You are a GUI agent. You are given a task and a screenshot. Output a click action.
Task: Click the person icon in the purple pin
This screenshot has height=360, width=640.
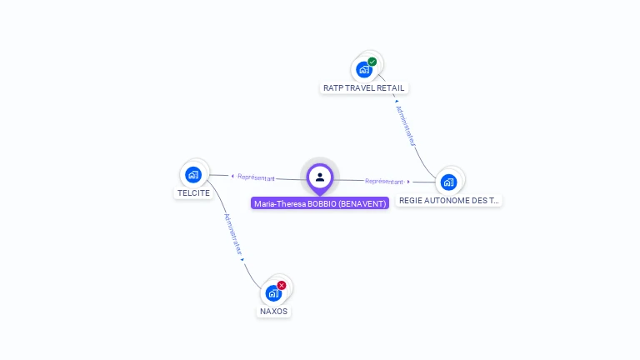point(320,177)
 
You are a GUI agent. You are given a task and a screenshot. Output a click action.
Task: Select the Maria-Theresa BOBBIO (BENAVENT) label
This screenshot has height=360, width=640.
point(320,203)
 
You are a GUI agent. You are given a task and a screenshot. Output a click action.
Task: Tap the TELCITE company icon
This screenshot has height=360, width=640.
point(193,174)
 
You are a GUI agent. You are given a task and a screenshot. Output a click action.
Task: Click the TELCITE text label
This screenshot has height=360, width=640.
point(193,192)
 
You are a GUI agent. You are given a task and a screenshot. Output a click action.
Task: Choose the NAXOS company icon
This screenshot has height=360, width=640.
point(273,293)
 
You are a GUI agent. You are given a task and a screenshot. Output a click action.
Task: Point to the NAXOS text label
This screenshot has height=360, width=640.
point(273,311)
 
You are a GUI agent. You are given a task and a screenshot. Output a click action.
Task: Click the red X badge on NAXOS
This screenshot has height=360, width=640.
point(282,285)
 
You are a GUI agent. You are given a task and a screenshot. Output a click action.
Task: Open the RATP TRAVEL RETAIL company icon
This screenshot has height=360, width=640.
point(364,69)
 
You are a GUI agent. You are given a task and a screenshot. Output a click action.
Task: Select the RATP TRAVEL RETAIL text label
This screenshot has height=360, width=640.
point(364,87)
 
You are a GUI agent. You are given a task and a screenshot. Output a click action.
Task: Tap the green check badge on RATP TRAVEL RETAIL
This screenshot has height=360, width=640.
point(372,62)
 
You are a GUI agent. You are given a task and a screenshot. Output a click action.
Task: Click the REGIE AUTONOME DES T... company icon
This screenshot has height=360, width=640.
point(448,182)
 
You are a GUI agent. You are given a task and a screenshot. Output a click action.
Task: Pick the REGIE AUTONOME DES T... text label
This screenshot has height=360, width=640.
point(449,200)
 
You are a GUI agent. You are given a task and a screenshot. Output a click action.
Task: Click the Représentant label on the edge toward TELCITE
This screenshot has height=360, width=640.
point(256,177)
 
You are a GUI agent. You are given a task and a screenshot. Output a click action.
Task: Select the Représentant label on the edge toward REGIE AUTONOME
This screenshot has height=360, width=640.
point(384,181)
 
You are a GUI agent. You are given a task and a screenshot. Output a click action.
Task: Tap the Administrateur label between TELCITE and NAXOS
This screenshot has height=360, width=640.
point(232,234)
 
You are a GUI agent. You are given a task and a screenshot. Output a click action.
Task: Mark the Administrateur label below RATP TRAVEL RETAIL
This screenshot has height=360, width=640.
point(406,126)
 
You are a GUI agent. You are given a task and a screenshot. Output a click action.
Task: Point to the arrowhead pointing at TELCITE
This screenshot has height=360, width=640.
point(232,176)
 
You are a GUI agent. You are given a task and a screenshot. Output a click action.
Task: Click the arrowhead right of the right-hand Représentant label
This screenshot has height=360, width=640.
point(408,182)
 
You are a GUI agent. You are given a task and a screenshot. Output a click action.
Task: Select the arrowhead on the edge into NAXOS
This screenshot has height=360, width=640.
point(242,260)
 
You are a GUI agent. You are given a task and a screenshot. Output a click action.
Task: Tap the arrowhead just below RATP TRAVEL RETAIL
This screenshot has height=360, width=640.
point(396,101)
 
